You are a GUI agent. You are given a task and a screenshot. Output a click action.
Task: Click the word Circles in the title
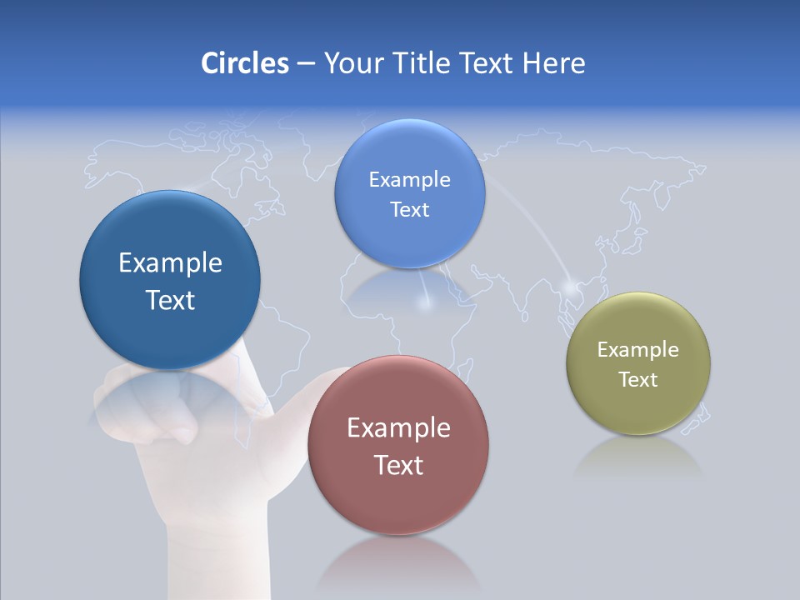pos(244,63)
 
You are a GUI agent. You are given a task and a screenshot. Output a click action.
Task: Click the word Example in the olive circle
pos(638,350)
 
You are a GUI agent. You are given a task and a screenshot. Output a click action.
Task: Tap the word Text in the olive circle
pos(638,380)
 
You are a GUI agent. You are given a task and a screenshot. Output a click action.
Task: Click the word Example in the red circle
pos(398,428)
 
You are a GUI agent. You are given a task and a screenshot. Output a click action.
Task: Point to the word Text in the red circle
pos(398,465)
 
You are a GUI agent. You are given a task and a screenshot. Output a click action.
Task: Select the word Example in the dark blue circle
pos(170,263)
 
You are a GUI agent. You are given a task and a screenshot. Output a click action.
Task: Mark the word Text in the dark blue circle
pos(170,300)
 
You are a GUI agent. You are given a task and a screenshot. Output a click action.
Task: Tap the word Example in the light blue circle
pos(409,180)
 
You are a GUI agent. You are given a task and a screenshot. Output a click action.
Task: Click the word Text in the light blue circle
pos(409,210)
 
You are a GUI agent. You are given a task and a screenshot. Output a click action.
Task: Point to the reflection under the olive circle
pos(638,458)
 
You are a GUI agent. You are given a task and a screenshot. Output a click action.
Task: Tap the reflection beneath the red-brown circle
pos(398,562)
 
